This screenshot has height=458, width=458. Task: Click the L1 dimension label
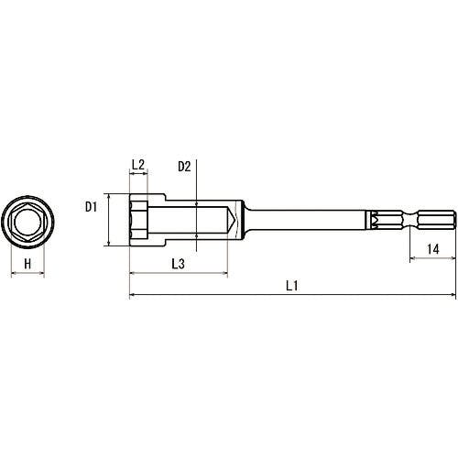click(x=291, y=286)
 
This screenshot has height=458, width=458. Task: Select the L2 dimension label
click(x=138, y=165)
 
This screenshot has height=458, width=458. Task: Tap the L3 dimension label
click(x=179, y=264)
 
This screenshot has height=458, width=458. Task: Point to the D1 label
click(x=91, y=207)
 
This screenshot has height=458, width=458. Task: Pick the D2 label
click(x=184, y=167)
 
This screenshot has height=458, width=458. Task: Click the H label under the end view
click(x=27, y=264)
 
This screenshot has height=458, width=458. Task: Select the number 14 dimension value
click(x=433, y=249)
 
